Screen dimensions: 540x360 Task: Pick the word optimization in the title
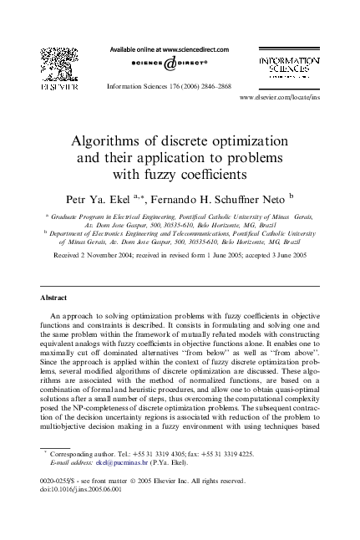click(x=236, y=140)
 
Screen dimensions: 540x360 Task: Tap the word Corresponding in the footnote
click(x=72, y=451)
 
